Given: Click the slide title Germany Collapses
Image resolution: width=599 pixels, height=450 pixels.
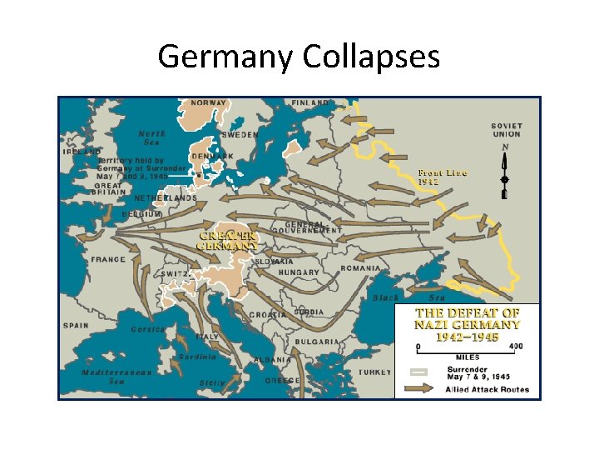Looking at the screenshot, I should pos(299,57).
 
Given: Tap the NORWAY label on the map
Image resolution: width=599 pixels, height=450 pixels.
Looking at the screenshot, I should pos(209,103).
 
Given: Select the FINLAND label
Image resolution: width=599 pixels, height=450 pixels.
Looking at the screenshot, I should pos(309,103).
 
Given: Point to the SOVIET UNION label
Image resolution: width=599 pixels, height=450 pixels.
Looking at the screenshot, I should pos(506,130).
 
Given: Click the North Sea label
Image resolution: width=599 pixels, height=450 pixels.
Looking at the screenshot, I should pos(151,137).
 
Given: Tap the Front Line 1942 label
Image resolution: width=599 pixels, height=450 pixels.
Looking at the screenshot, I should pos(442,177).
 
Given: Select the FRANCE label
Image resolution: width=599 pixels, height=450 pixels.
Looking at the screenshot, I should pos(107,259).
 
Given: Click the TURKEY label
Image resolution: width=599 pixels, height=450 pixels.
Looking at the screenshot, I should pos(374,372).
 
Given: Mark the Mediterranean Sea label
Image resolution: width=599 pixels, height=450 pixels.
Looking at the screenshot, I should pos(116,377).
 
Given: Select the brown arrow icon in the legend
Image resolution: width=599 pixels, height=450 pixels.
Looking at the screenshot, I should pos(422,388).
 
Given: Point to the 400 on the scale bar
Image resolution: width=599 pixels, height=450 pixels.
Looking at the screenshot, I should pos(516,346).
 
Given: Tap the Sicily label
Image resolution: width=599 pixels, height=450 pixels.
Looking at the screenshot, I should pos(211,382).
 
